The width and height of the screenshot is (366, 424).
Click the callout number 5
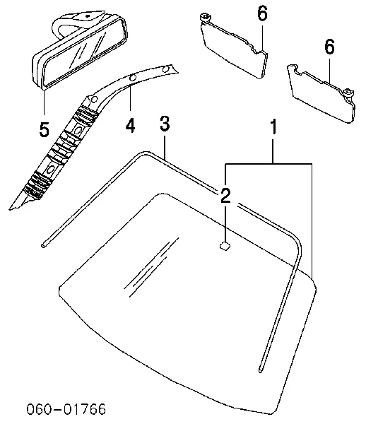pos(45,129)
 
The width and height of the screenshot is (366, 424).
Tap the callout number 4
pos(130,126)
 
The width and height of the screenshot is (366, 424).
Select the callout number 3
pos(165,124)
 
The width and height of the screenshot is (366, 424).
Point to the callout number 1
pos(273,126)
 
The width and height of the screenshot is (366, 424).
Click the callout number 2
pos(225,196)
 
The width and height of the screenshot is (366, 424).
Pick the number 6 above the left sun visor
pos(262,13)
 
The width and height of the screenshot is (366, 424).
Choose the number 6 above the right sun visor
pos(329,47)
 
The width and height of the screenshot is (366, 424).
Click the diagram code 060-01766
pos(66,409)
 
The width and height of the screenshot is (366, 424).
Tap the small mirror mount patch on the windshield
pos(225,246)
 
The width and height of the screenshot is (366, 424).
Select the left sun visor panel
pos(235,50)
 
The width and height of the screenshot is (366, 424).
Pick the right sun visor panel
pos(321,93)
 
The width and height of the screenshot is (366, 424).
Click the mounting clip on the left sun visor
pos(205,18)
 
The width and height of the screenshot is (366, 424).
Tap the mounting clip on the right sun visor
pos(349,93)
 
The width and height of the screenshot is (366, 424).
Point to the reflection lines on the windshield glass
pos(150,266)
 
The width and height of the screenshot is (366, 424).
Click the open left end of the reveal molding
pos(44,245)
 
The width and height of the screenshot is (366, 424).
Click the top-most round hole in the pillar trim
pos(167,69)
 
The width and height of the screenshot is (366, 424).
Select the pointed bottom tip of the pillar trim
pos(11,208)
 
